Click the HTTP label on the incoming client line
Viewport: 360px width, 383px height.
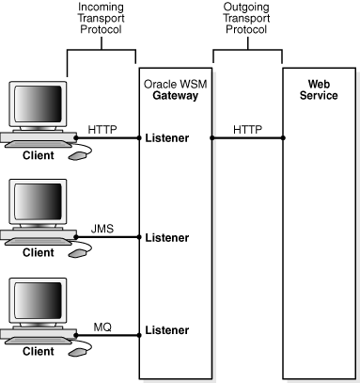tap(102, 129)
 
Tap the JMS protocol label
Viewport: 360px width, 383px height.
tap(102, 229)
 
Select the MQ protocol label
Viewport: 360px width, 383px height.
tap(102, 327)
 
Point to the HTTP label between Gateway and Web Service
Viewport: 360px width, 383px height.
tap(247, 129)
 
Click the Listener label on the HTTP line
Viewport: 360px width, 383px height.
tap(167, 138)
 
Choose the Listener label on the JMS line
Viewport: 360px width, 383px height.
tap(167, 237)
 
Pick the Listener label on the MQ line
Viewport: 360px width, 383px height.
tap(167, 330)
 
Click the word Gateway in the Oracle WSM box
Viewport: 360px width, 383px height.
tap(176, 96)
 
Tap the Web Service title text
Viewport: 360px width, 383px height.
tap(319, 89)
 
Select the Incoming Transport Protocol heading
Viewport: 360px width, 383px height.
tap(101, 18)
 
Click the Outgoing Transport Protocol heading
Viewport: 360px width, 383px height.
tap(246, 18)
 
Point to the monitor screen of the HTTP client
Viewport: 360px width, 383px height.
tap(38, 104)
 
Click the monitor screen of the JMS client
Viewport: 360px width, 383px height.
tap(38, 201)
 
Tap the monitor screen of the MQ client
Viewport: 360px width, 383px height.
tap(38, 300)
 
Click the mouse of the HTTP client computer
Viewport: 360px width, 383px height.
tap(77, 155)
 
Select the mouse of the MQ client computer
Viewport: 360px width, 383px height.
tap(77, 352)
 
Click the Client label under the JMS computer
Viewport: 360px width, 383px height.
tap(39, 252)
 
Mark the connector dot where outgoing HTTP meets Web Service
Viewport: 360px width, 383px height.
tap(283, 137)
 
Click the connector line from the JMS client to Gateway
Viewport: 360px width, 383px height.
tap(107, 237)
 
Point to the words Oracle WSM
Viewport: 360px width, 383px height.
tap(176, 85)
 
